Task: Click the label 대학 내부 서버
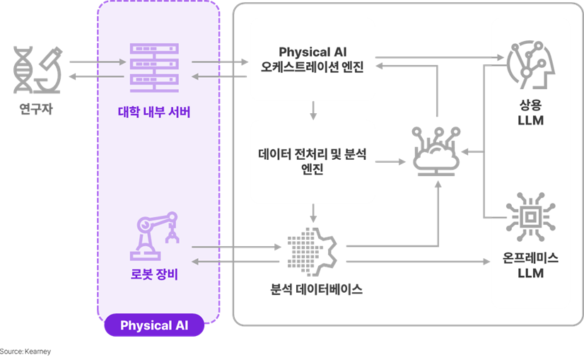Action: (155, 112)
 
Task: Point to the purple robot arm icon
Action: (155, 236)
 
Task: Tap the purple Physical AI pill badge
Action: (155, 325)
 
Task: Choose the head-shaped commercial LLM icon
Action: (530, 64)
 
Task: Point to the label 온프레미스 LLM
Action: (530, 265)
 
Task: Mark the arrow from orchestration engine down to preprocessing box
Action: (313, 109)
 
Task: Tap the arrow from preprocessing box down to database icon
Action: (313, 212)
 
